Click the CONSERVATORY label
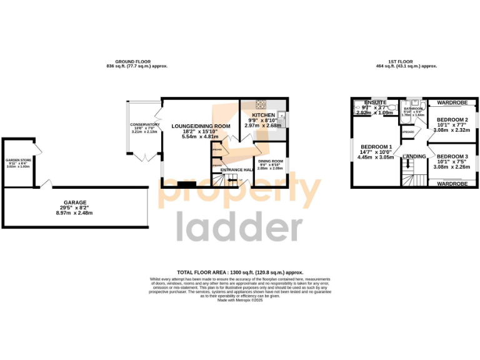(x=145, y=124)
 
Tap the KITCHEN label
(x=264, y=116)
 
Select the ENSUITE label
(x=375, y=102)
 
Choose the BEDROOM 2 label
(x=452, y=120)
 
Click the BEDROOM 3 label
(x=452, y=156)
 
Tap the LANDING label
(x=415, y=156)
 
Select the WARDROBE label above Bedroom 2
(x=452, y=101)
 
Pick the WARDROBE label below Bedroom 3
(x=452, y=184)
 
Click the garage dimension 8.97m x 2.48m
(x=74, y=213)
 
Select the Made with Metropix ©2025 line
(x=240, y=300)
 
